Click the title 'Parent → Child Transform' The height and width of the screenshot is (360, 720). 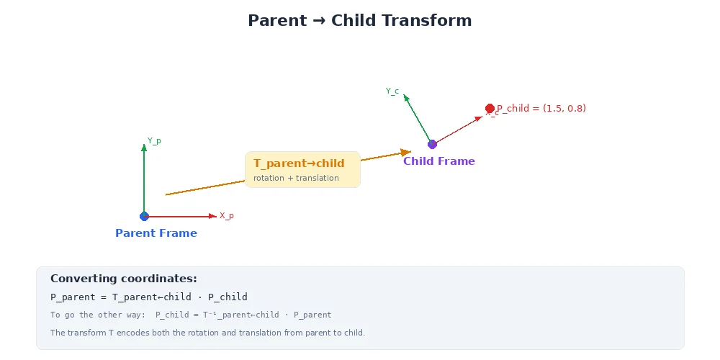click(359, 20)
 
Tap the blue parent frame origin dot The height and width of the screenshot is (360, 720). click(144, 216)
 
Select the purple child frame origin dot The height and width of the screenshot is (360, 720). click(432, 144)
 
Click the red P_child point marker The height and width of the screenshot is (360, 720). click(490, 108)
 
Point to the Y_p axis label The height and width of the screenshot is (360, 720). click(154, 141)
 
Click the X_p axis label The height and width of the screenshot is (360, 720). click(226, 216)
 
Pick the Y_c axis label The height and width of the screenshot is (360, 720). click(392, 91)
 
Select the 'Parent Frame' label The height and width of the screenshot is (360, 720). click(156, 233)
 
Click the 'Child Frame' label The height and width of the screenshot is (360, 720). click(439, 161)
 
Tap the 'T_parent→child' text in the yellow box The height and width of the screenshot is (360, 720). click(299, 163)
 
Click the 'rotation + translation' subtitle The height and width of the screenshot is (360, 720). click(296, 178)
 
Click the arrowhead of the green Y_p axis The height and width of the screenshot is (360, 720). click(144, 148)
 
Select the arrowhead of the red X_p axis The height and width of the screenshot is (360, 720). click(212, 216)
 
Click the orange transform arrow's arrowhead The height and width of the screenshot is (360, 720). click(405, 152)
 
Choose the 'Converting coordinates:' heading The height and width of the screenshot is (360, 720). click(124, 279)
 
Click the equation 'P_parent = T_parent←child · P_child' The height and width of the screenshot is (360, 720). click(149, 297)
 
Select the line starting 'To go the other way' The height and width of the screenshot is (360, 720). click(191, 315)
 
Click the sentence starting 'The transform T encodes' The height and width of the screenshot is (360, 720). click(207, 333)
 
